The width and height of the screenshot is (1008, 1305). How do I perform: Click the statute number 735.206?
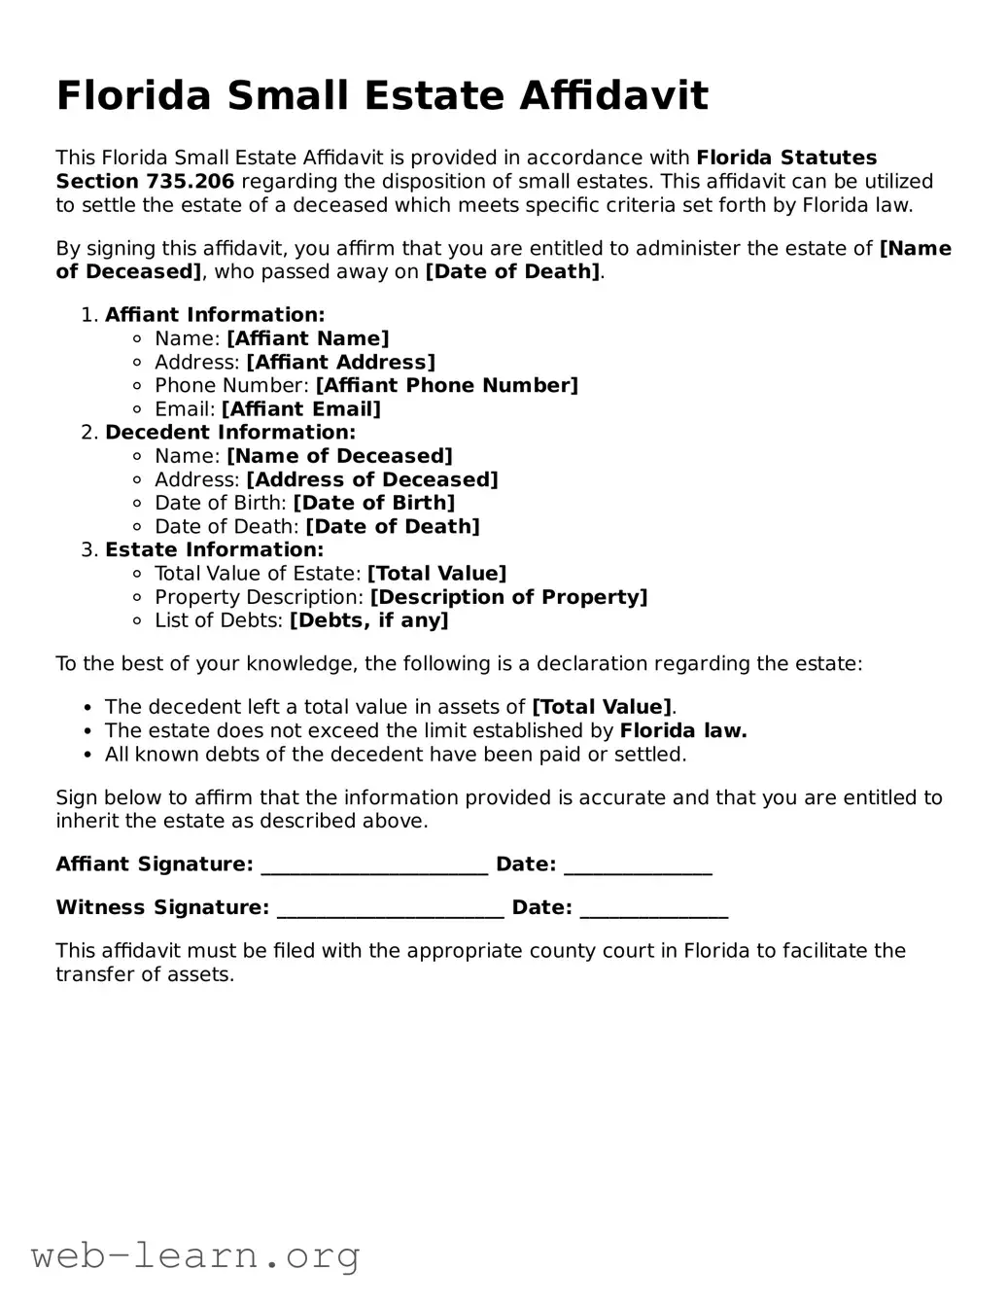pyautogui.click(x=191, y=182)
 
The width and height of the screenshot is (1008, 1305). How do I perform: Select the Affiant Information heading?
pyautogui.click(x=215, y=315)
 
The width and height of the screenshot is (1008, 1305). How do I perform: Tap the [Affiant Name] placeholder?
pyautogui.click(x=307, y=338)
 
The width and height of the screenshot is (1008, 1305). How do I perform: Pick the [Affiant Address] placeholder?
pyautogui.click(x=340, y=362)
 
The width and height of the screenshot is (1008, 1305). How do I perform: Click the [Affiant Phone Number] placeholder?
pyautogui.click(x=446, y=385)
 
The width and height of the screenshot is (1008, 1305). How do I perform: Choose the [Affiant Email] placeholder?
pyautogui.click(x=301, y=409)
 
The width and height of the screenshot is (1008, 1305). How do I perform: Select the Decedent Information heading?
pyautogui.click(x=230, y=433)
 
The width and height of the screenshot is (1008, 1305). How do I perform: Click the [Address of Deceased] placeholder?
pyautogui.click(x=371, y=479)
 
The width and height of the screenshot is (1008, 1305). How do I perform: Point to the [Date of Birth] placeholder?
pyautogui.click(x=373, y=503)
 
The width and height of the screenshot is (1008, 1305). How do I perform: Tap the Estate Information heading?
pyautogui.click(x=214, y=550)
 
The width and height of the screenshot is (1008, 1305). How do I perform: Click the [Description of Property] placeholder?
pyautogui.click(x=508, y=597)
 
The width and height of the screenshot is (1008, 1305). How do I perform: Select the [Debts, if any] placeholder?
pyautogui.click(x=369, y=620)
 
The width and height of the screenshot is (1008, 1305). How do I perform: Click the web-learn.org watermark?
pyautogui.click(x=195, y=1255)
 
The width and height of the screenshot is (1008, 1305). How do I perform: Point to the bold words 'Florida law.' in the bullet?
pyautogui.click(x=683, y=731)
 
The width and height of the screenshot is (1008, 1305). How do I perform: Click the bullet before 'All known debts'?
pyautogui.click(x=88, y=755)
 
